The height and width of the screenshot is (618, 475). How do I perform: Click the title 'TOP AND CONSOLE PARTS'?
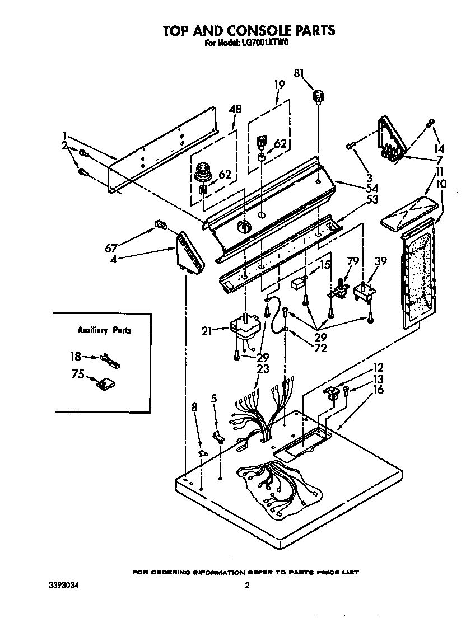pos(249,30)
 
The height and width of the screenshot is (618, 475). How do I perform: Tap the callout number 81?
pos(299,73)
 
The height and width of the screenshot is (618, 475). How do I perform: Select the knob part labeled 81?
pos(319,97)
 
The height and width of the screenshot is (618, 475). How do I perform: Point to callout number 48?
pos(236,110)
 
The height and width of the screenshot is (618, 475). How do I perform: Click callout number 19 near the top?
pos(280,85)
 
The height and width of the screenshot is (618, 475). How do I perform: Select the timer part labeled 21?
pos(245,330)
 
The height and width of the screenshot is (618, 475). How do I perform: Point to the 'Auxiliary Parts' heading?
pos(104,330)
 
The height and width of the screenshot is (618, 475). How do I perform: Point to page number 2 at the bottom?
pos(246,586)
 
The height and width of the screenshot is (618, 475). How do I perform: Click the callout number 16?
pos(378,390)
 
